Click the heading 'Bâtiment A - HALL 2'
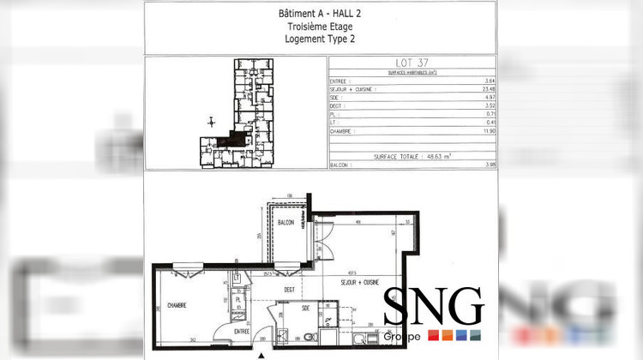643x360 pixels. pyautogui.click(x=321, y=14)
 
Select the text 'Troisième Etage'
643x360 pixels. pyautogui.click(x=321, y=27)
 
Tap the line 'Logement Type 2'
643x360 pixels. pyautogui.click(x=321, y=39)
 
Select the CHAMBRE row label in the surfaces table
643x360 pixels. pyautogui.click(x=344, y=132)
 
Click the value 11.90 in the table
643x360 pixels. pyautogui.click(x=490, y=132)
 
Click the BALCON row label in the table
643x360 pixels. pyautogui.click(x=340, y=165)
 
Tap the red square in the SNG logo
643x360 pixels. pyautogui.click(x=434, y=334)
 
